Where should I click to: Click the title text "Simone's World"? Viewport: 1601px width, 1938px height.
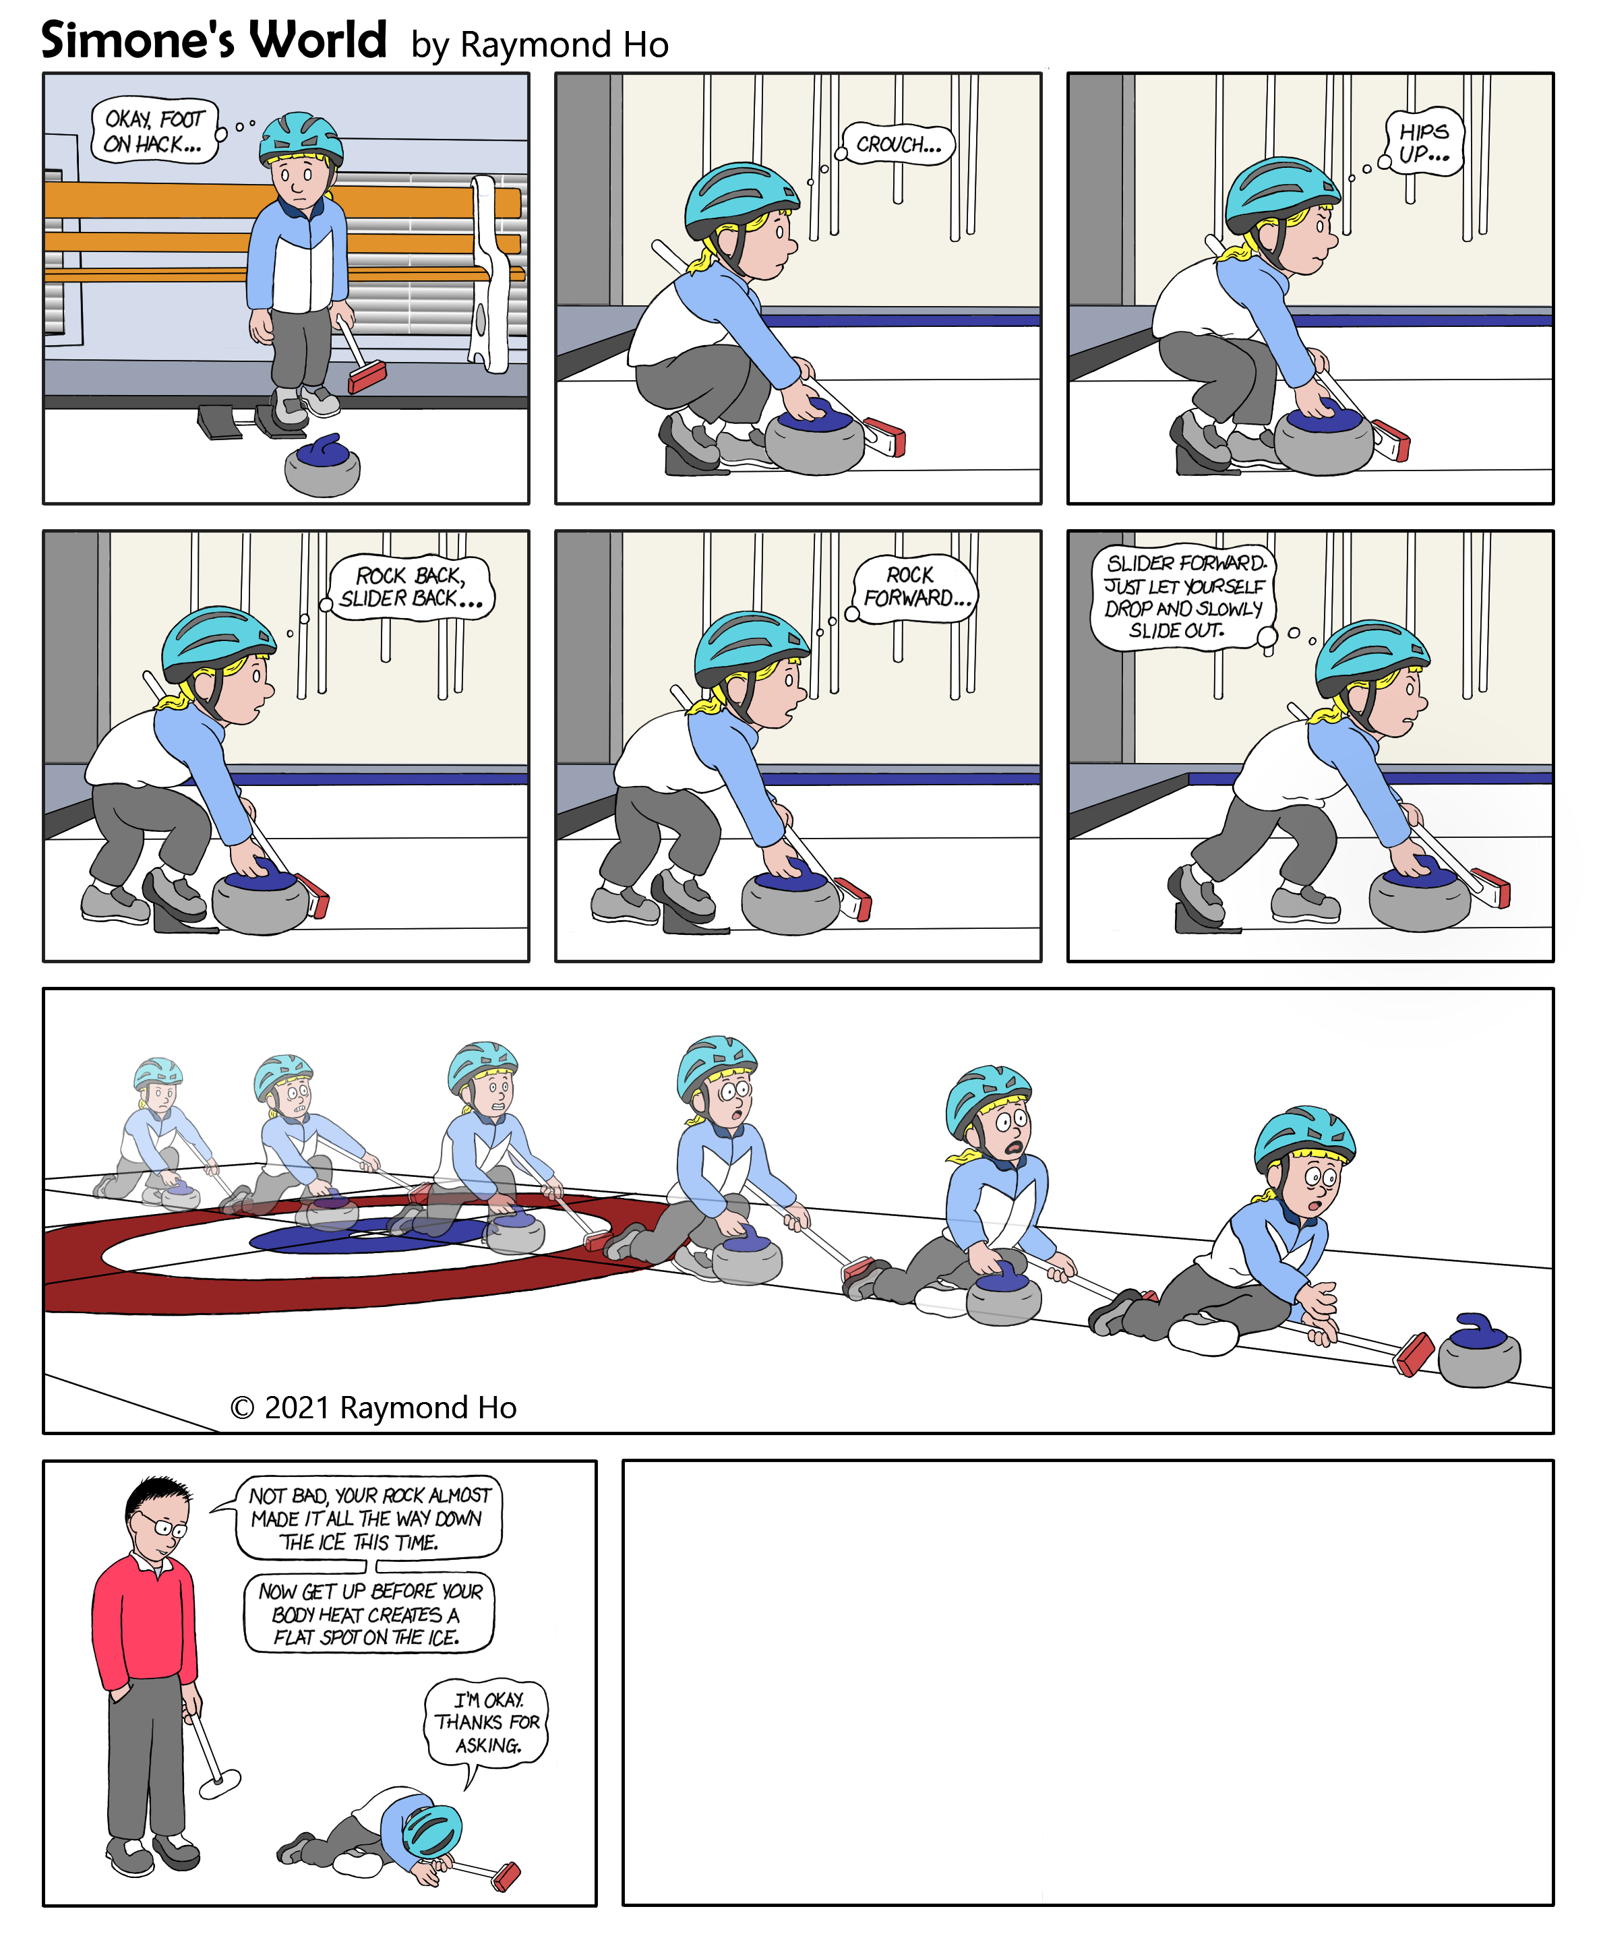[213, 40]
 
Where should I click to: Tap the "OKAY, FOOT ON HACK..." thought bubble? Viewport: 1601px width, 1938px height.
[155, 131]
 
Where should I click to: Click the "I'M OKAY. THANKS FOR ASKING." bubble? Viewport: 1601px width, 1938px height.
[487, 1723]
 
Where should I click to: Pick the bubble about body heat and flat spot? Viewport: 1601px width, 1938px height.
[369, 1614]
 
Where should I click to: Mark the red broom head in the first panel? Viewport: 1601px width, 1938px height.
[367, 377]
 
